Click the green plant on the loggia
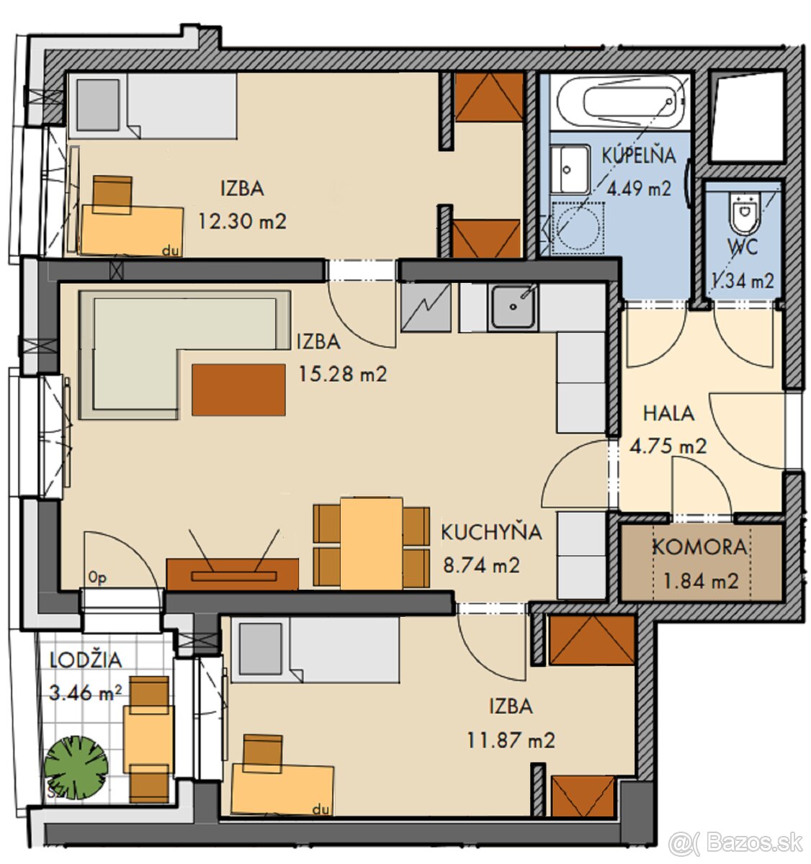click(76, 768)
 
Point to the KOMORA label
click(699, 548)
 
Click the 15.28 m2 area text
click(343, 374)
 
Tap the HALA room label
click(668, 413)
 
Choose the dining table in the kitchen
click(371, 544)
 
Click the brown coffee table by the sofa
click(238, 390)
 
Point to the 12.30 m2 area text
click(243, 221)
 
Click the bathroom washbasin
click(570, 170)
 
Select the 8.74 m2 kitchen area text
click(481, 565)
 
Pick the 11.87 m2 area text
click(511, 740)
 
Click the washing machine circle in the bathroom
click(578, 227)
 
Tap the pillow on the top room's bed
click(98, 104)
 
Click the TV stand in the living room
click(233, 575)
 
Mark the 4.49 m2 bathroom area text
click(639, 189)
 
